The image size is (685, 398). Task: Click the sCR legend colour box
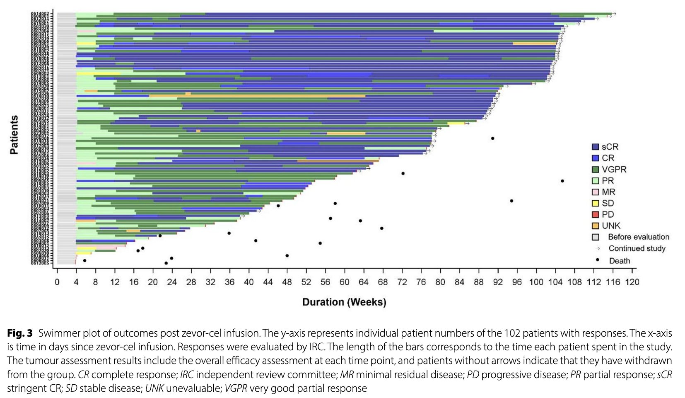click(596, 147)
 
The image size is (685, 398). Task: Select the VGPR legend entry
click(614, 170)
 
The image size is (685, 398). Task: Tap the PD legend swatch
click(596, 214)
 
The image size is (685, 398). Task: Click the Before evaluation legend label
click(638, 237)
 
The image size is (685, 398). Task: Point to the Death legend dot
click(598, 260)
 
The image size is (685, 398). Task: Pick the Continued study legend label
click(637, 248)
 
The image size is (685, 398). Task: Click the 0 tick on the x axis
click(57, 282)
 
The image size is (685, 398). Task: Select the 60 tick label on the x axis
click(344, 282)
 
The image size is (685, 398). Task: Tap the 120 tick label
click(632, 282)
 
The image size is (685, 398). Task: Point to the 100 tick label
click(536, 282)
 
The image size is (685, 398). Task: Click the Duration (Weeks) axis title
click(344, 302)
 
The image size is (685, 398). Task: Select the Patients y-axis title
click(14, 135)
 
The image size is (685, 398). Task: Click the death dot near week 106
click(562, 181)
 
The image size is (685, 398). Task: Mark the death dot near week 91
click(492, 138)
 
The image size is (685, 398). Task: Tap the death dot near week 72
click(403, 173)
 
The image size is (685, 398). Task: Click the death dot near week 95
click(511, 201)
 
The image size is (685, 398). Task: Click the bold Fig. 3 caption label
click(19, 333)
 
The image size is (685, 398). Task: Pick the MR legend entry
click(608, 192)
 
